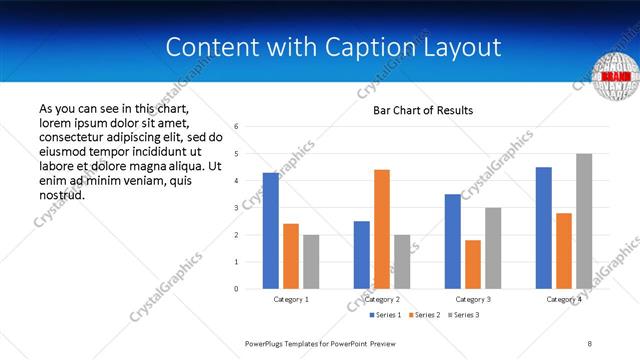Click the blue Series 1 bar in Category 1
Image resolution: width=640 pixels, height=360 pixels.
pyautogui.click(x=271, y=230)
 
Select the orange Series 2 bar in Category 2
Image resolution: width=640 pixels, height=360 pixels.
pyautogui.click(x=382, y=229)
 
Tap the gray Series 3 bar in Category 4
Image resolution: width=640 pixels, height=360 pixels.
pyautogui.click(x=584, y=221)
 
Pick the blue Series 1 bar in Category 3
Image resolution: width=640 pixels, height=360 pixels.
pyautogui.click(x=453, y=241)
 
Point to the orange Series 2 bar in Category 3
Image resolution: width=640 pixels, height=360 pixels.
pyautogui.click(x=473, y=264)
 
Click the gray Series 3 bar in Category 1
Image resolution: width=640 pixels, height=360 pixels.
pyautogui.click(x=311, y=261)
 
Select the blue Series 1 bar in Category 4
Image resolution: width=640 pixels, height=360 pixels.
pyautogui.click(x=544, y=227)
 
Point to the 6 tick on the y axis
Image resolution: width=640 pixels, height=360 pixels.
pyautogui.click(x=236, y=127)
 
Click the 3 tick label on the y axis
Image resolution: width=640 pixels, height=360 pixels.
pyautogui.click(x=236, y=208)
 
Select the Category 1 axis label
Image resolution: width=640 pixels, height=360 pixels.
pyautogui.click(x=291, y=299)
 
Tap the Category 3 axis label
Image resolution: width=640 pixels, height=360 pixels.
pyautogui.click(x=473, y=299)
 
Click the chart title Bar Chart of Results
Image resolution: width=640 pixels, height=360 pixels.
pyautogui.click(x=423, y=110)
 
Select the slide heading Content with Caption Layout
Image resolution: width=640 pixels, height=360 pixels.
pyautogui.click(x=333, y=48)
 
